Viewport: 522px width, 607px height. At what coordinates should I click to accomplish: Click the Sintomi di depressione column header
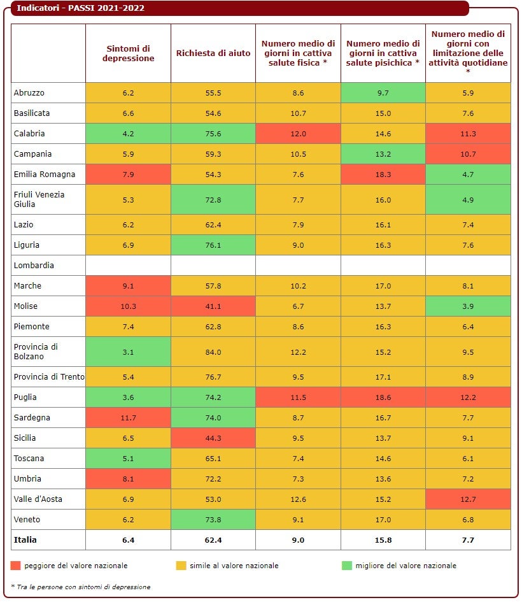tap(128, 54)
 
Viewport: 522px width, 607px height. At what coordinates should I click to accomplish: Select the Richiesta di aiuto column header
tap(213, 54)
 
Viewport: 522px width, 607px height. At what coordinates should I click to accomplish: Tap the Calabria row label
tap(29, 134)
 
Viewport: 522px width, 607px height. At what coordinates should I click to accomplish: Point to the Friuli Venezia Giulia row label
tap(39, 199)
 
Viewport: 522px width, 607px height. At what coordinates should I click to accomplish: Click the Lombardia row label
tap(34, 266)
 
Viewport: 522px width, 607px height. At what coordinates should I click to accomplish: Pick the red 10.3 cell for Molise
tap(128, 306)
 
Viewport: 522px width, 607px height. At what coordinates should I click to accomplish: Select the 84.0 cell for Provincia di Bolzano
tap(213, 352)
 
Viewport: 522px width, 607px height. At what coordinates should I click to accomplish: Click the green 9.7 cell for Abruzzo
tap(383, 93)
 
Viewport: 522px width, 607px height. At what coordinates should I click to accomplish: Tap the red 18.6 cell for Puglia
tap(383, 397)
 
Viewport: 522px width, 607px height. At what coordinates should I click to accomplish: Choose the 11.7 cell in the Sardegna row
tap(128, 418)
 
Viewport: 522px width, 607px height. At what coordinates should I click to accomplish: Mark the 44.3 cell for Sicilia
tap(213, 438)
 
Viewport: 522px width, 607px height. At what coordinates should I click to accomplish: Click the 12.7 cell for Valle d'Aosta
tap(468, 499)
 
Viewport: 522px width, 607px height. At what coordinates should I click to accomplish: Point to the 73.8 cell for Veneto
tap(213, 520)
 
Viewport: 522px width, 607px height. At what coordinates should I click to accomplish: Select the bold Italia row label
tap(25, 540)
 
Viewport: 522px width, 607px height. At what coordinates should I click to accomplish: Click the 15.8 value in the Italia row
tap(383, 540)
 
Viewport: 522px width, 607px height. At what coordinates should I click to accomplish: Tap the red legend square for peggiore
tap(16, 566)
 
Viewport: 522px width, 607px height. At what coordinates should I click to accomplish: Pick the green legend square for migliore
tap(347, 566)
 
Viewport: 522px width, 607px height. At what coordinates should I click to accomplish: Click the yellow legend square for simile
tap(181, 566)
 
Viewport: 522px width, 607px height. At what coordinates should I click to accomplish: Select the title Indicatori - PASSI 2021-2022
tap(80, 8)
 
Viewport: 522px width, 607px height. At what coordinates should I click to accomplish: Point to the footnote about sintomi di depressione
tap(81, 587)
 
